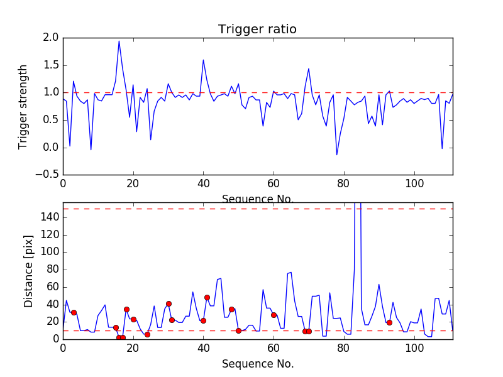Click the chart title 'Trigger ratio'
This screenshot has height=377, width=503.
coord(257,30)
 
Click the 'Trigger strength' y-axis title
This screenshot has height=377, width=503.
coord(23,106)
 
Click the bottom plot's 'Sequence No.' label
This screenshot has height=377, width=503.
coord(258,364)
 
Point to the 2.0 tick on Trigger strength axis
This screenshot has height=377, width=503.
coord(52,38)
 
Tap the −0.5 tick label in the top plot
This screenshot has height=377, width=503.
coord(49,175)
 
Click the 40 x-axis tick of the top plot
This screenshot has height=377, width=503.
coord(203,183)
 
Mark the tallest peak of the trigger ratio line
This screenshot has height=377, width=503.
coord(119,41)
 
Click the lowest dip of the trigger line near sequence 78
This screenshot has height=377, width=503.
coord(336,155)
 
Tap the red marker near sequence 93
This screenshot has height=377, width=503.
coord(389,322)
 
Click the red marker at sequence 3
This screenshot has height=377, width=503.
coord(74,312)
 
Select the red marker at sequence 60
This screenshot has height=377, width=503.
coord(274,315)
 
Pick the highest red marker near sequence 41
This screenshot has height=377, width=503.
coord(207,297)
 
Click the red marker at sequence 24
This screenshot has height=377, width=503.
coord(147,334)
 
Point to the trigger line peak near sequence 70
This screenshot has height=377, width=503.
coord(309,68)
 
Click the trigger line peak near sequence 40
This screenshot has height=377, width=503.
coord(203,60)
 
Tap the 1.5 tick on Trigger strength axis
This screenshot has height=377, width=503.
coord(52,65)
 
